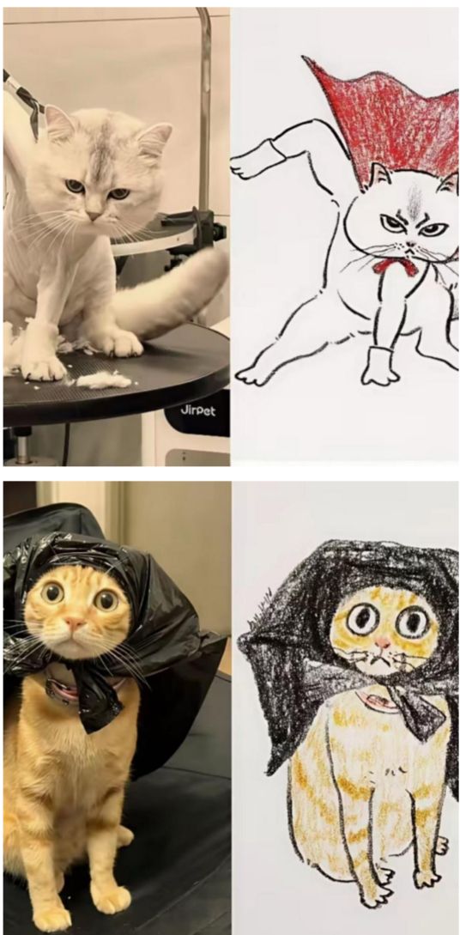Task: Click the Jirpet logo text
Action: tap(197, 410)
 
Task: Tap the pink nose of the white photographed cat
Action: tap(93, 215)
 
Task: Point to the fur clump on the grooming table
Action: tap(103, 379)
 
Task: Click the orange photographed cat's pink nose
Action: tap(75, 623)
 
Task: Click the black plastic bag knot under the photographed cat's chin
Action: tap(99, 698)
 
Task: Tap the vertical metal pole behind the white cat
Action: tap(204, 107)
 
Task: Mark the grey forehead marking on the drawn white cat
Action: tap(415, 200)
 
